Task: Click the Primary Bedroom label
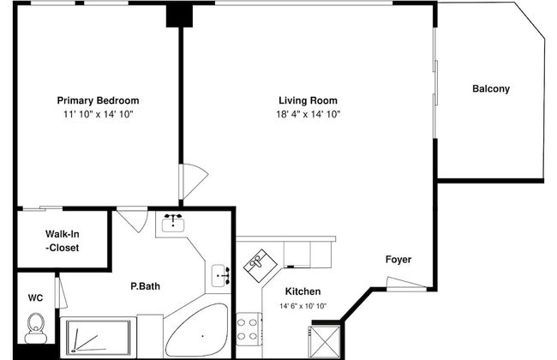click(98, 100)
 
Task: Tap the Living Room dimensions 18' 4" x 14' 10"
click(308, 114)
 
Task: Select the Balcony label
click(491, 88)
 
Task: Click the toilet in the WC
click(35, 327)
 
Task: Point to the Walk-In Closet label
click(63, 241)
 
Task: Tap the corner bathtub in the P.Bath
click(197, 331)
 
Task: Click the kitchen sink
click(260, 266)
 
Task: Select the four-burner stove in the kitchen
click(249, 329)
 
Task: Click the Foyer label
click(398, 260)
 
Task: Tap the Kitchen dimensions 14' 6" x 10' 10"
click(303, 306)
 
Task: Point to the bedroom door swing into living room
click(193, 181)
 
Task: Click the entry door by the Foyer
click(406, 283)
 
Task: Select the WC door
click(61, 293)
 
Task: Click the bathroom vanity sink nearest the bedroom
click(172, 223)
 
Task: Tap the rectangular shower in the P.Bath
click(99, 338)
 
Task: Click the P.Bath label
click(146, 286)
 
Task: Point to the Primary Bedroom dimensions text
click(98, 114)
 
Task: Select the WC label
click(35, 297)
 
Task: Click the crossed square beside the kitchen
click(325, 341)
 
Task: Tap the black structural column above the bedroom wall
click(179, 16)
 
